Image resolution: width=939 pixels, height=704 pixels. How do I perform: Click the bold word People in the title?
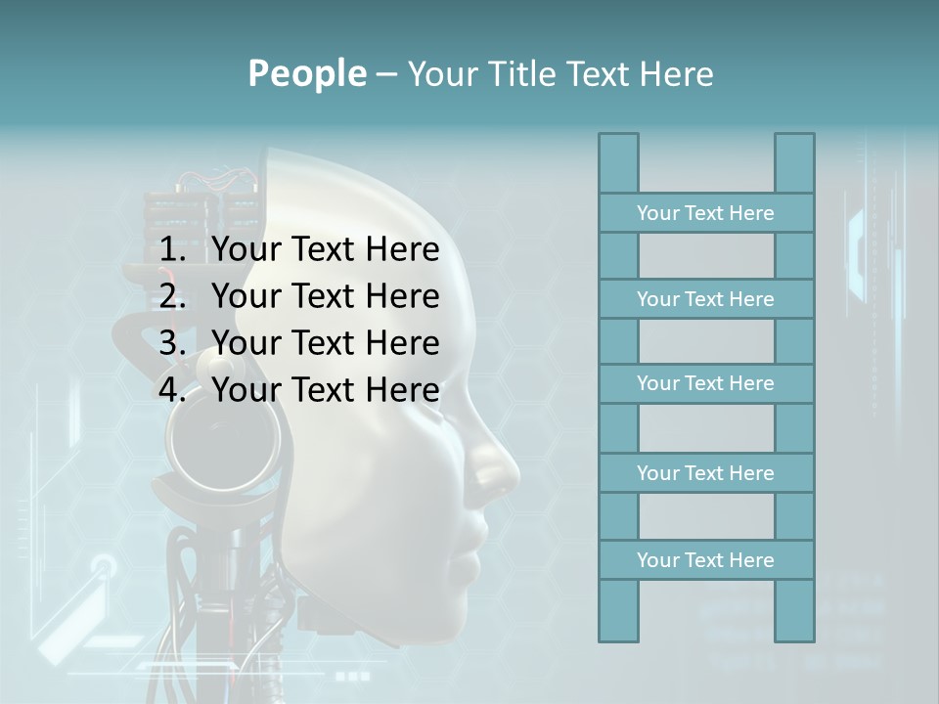tap(306, 73)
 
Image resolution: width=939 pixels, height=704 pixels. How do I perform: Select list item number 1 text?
tap(325, 250)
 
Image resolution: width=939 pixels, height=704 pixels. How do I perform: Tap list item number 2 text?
tap(325, 296)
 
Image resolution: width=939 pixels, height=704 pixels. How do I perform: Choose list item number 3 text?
tap(325, 343)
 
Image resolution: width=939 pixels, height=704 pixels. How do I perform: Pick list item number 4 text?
tap(325, 390)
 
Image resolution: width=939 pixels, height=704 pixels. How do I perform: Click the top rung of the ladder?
tap(705, 213)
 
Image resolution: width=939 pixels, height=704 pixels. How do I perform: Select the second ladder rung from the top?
tap(705, 299)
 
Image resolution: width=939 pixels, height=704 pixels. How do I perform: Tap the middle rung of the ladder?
tap(705, 383)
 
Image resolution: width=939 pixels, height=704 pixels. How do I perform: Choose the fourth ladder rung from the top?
tap(705, 473)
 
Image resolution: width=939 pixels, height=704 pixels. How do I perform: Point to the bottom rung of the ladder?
tap(705, 560)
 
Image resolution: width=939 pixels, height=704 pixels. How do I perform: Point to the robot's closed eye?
tap(452, 416)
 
